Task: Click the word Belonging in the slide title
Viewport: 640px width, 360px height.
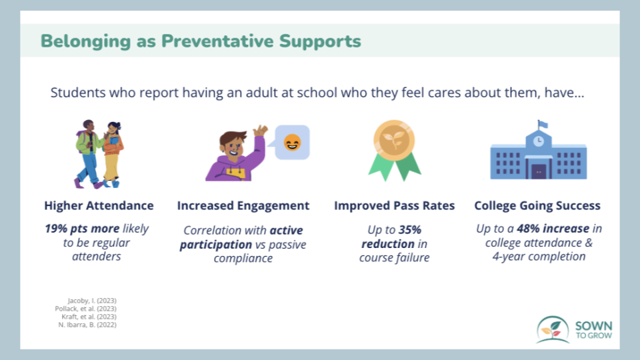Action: (x=86, y=41)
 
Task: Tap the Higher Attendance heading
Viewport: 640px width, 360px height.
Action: (x=99, y=205)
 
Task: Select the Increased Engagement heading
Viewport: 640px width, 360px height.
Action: (x=243, y=206)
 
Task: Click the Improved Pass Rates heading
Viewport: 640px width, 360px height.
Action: (x=394, y=206)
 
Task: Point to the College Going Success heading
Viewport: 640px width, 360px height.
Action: (x=537, y=206)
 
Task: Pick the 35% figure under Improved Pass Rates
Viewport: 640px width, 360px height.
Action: (x=410, y=230)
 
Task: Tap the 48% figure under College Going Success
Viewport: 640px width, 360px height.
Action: (x=528, y=228)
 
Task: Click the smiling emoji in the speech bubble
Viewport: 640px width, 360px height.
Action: (x=292, y=143)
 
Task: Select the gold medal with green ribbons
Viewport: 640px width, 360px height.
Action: (x=394, y=150)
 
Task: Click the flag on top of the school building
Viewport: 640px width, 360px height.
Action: (x=543, y=124)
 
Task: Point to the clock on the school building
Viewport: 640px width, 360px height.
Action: (x=539, y=141)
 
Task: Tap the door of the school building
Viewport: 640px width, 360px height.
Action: (x=539, y=171)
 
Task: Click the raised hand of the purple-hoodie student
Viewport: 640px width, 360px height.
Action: (x=260, y=132)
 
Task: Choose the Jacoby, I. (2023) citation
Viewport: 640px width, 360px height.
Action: (x=92, y=301)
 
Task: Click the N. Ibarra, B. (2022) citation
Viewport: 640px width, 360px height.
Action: (x=87, y=325)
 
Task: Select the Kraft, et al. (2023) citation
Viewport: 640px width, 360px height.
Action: (x=89, y=317)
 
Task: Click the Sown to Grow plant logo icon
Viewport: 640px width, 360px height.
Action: (x=553, y=329)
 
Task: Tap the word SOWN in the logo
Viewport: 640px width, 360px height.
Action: (x=593, y=326)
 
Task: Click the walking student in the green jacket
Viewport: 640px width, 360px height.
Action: (x=89, y=154)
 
